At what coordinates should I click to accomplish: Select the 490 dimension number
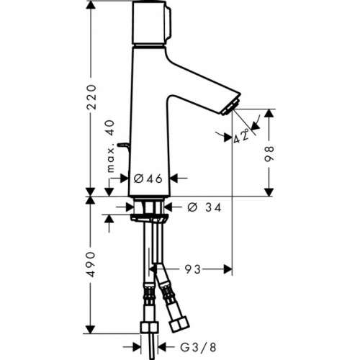[x=89, y=262]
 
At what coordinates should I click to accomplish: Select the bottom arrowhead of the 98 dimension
[x=270, y=192]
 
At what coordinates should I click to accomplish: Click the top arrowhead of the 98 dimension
[x=270, y=112]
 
